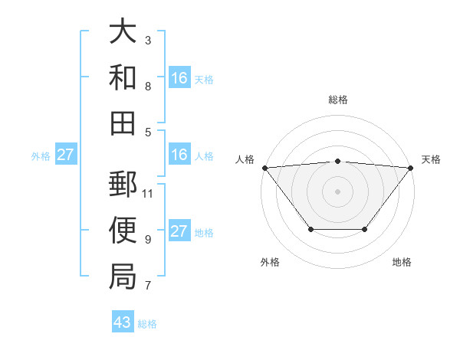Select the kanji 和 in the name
coord(123,77)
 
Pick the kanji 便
coord(123,231)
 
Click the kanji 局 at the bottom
coord(123,276)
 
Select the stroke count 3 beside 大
coord(147,40)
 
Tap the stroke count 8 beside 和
coord(147,87)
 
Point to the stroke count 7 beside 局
coord(147,286)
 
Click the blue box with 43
coord(123,322)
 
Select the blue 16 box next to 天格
coord(179,78)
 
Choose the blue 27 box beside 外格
coord(65,155)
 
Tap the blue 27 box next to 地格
coord(179,231)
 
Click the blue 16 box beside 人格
coord(179,155)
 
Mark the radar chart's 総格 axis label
coord(337,100)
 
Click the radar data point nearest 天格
coord(411,167)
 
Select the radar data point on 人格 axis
coord(264,167)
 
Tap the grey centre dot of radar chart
coord(337,191)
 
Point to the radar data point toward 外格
coord(310,229)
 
